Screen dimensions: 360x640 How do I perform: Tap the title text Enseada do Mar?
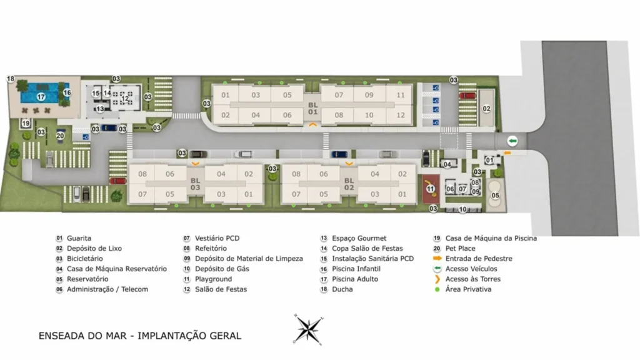pyautogui.click(x=139, y=336)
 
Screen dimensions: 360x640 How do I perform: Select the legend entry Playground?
pyautogui.click(x=213, y=279)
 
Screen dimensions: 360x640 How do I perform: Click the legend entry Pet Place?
pyautogui.click(x=461, y=249)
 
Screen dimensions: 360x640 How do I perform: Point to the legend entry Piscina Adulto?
pyautogui.click(x=354, y=279)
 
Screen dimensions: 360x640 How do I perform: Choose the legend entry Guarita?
pyautogui.click(x=79, y=238)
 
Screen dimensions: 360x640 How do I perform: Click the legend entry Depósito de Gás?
pyautogui.click(x=221, y=269)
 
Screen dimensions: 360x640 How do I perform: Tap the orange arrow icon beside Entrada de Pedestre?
pyautogui.click(x=437, y=259)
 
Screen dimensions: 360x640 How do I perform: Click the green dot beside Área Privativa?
pyautogui.click(x=437, y=289)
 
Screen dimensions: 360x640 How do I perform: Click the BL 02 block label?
pyautogui.click(x=349, y=184)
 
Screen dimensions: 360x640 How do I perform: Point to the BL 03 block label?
pyautogui.click(x=196, y=184)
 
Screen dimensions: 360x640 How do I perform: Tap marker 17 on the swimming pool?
pyautogui.click(x=41, y=97)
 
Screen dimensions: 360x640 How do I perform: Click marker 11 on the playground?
pyautogui.click(x=430, y=189)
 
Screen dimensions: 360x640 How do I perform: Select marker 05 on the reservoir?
pyautogui.click(x=495, y=196)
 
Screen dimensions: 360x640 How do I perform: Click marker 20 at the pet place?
pyautogui.click(x=61, y=136)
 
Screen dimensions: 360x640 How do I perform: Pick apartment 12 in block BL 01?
pyautogui.click(x=401, y=115)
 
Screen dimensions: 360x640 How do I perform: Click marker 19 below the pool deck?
pyautogui.click(x=26, y=124)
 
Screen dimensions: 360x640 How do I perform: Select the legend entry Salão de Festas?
pyautogui.click(x=221, y=289)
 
